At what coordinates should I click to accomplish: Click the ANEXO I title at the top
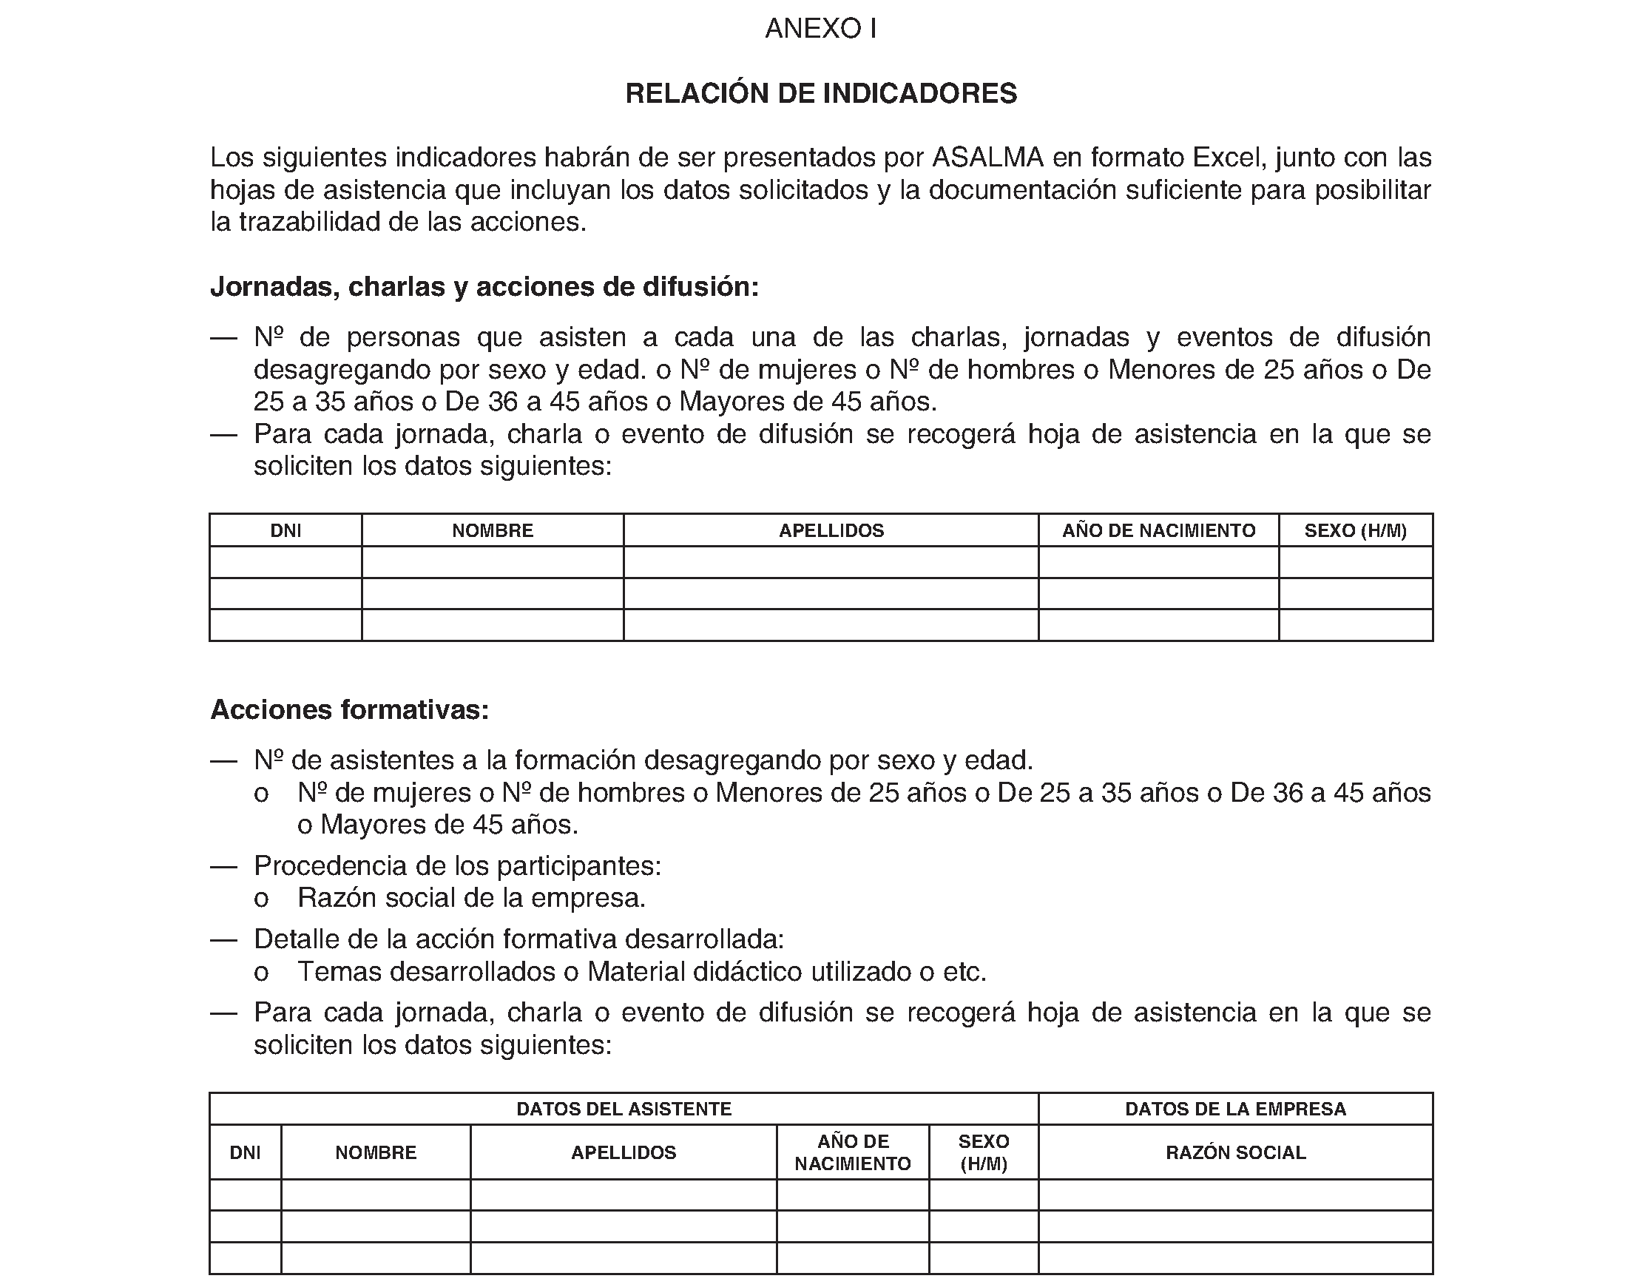tap(820, 29)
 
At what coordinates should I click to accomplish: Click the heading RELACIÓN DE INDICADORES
tap(820, 93)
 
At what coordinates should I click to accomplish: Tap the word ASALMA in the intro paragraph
tap(988, 158)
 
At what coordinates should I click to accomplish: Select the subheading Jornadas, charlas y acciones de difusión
tap(484, 287)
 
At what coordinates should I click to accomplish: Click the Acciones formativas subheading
tap(350, 710)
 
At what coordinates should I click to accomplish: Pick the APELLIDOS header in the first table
tap(831, 530)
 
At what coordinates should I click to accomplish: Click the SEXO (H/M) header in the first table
tap(1355, 530)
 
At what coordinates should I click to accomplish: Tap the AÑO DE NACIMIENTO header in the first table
tap(1158, 530)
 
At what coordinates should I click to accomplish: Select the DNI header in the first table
tap(286, 530)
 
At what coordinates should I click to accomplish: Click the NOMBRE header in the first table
tap(492, 530)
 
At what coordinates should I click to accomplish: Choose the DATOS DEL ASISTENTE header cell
tap(624, 1109)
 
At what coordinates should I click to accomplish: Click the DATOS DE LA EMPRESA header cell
tap(1235, 1109)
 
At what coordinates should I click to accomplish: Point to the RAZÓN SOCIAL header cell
tap(1235, 1153)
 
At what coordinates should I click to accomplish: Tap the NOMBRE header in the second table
tap(375, 1153)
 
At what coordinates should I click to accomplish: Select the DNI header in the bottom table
tap(245, 1153)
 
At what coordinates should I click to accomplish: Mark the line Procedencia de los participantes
tap(457, 867)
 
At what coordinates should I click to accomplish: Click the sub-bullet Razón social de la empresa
tap(471, 898)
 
